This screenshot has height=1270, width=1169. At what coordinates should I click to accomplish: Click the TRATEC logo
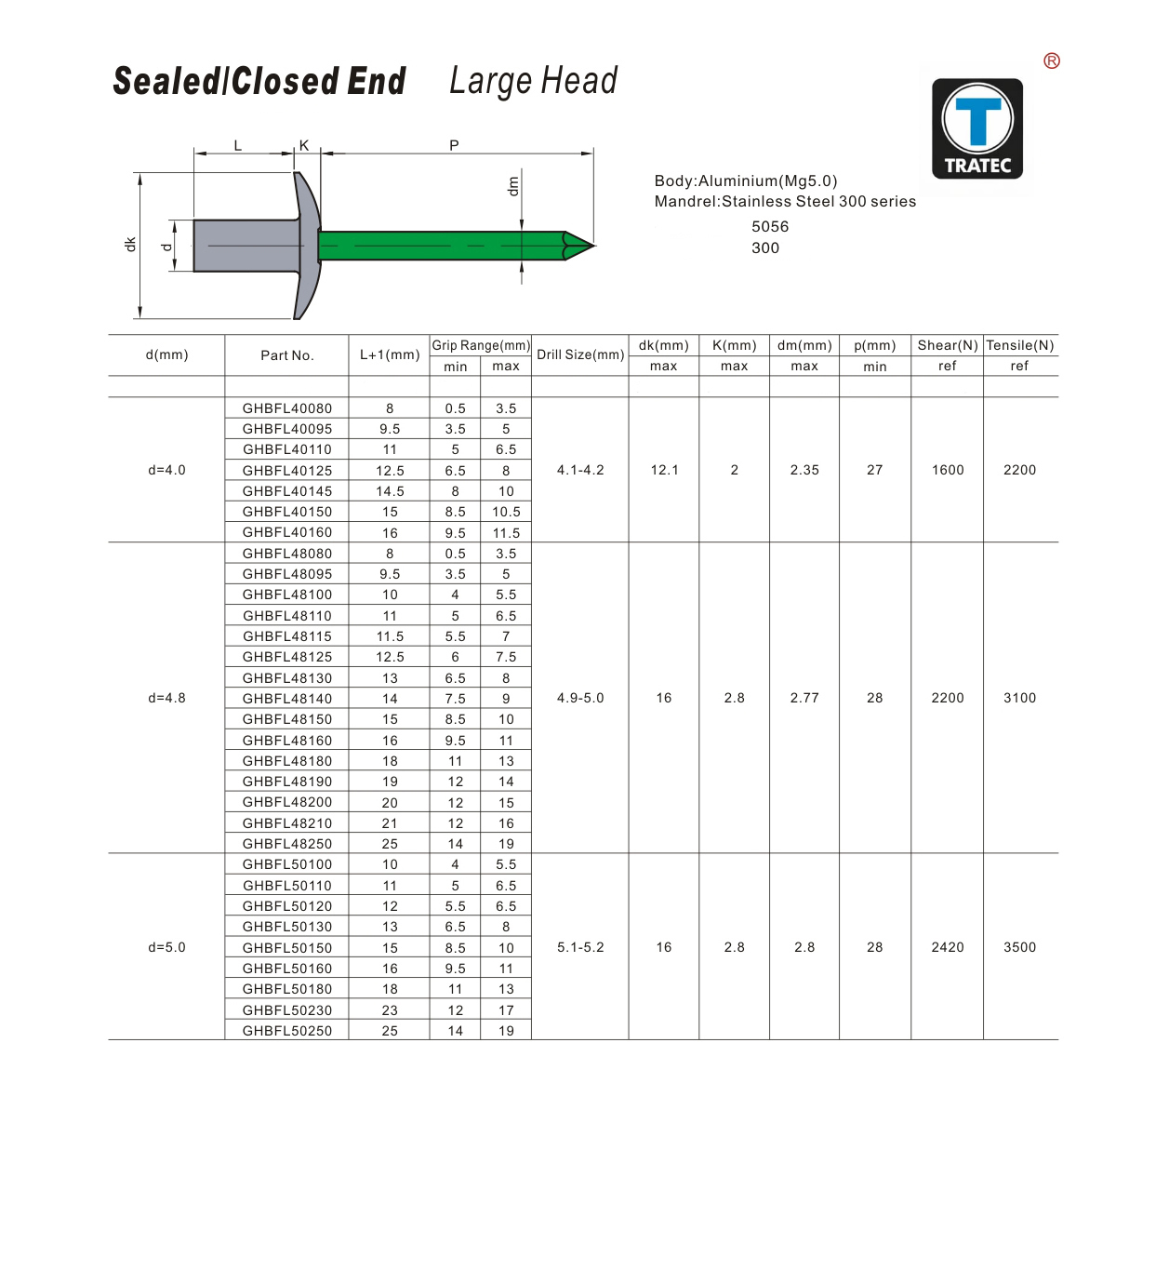click(x=977, y=128)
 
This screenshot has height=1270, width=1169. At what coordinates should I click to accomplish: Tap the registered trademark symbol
click(x=1052, y=61)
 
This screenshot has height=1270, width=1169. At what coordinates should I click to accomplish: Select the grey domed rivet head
click(x=307, y=246)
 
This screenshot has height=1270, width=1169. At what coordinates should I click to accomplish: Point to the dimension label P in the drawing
click(x=454, y=145)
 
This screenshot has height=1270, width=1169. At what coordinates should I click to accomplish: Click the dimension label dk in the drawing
click(x=130, y=244)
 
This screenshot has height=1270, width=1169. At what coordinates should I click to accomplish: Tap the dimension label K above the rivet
click(x=304, y=145)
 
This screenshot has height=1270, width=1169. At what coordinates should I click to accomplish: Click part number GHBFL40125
click(x=287, y=471)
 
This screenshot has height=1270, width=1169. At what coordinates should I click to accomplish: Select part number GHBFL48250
click(x=287, y=844)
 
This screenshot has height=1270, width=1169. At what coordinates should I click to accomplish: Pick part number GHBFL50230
click(x=287, y=1010)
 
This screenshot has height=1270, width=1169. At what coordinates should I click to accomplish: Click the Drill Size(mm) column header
click(x=580, y=354)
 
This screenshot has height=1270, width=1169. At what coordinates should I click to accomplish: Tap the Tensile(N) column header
click(x=1020, y=345)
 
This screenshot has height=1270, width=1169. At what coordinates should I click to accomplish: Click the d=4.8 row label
click(x=167, y=698)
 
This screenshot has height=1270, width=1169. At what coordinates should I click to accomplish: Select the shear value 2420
click(x=948, y=947)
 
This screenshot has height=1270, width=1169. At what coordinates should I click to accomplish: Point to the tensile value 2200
click(x=1019, y=470)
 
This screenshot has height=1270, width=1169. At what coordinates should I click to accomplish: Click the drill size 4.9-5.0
click(x=580, y=698)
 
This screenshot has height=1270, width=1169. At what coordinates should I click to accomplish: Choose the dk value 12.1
click(x=665, y=470)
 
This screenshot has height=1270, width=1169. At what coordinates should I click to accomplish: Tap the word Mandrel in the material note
click(x=685, y=202)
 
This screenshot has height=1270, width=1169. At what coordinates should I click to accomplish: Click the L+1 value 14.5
click(x=390, y=491)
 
